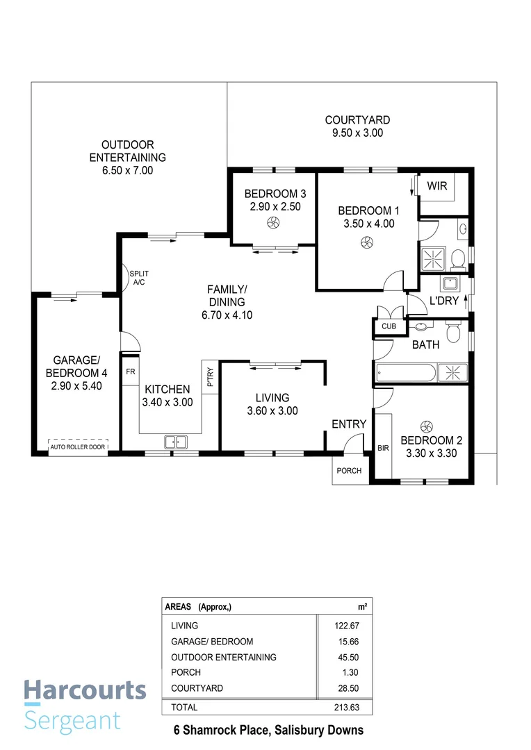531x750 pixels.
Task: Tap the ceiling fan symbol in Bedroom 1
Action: (x=366, y=242)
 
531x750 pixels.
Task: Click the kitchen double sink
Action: (x=175, y=441)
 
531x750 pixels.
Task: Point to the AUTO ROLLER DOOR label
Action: (x=78, y=447)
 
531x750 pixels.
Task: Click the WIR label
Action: (x=437, y=186)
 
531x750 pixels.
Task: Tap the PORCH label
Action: (x=349, y=471)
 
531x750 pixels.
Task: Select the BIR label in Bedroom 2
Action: (x=383, y=448)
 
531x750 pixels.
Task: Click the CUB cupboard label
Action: (x=387, y=326)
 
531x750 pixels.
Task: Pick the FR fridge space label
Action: (x=130, y=372)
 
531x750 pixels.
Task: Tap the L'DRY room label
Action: (x=442, y=302)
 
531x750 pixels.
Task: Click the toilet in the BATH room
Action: (x=453, y=333)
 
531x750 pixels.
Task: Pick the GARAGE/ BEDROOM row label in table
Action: (x=212, y=642)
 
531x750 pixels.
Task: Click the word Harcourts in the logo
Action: (x=85, y=690)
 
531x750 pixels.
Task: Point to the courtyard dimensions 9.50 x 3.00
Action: (x=357, y=133)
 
